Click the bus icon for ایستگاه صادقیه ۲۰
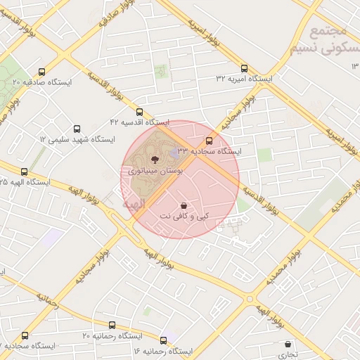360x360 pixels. pyautogui.click(x=42, y=72)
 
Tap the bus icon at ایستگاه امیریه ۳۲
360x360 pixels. pyautogui.click(x=244, y=69)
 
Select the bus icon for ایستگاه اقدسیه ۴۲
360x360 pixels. pyautogui.click(x=139, y=112)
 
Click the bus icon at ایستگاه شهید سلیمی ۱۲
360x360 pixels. pyautogui.click(x=77, y=129)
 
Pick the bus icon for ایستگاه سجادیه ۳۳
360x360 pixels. pyautogui.click(x=207, y=141)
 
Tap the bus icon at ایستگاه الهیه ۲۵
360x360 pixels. pyautogui.click(x=25, y=172)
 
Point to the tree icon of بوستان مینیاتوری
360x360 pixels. pyautogui.click(x=155, y=160)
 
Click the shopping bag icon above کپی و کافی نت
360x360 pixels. pyautogui.click(x=184, y=205)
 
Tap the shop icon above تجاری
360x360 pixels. pyautogui.click(x=288, y=345)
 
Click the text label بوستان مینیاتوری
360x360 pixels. pyautogui.click(x=155, y=171)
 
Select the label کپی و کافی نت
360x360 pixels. pyautogui.click(x=184, y=215)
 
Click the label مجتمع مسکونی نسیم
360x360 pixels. pyautogui.click(x=328, y=40)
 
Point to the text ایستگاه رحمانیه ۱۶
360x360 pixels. pyautogui.click(x=162, y=350)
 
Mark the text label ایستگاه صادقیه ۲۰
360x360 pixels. pyautogui.click(x=42, y=83)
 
